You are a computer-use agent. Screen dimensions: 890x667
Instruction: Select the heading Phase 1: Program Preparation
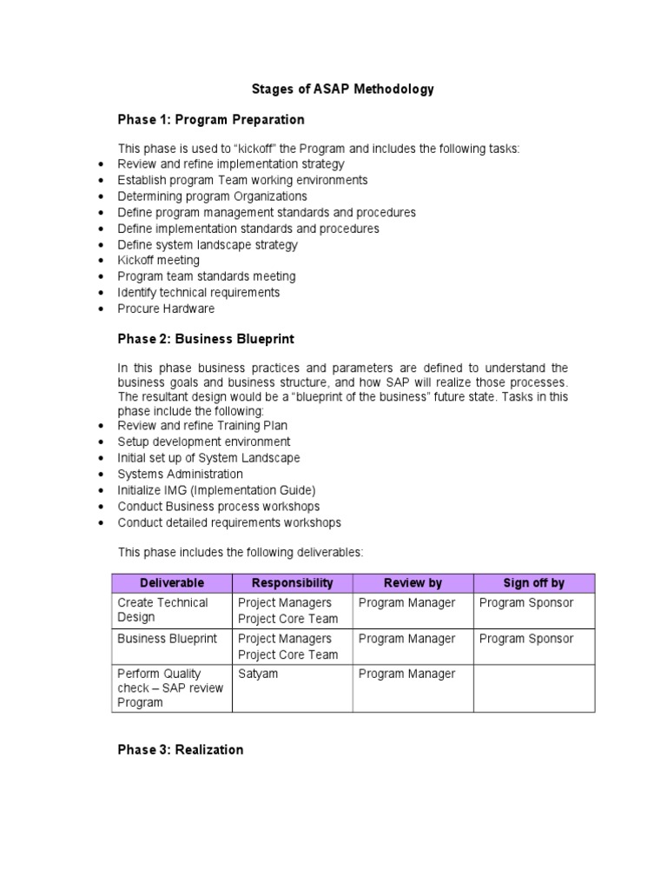211,119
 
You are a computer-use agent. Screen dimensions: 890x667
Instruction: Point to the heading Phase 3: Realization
181,749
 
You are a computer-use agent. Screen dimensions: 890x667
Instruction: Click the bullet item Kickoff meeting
159,260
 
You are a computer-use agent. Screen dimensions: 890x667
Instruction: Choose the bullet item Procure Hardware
166,309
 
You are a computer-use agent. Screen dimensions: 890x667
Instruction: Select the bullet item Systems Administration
181,474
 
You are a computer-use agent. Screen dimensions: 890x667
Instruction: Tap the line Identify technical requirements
199,292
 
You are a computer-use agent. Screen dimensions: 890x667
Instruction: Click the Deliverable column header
171,582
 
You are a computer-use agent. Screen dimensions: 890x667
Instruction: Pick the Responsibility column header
292,582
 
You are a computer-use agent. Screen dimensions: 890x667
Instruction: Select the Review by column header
413,582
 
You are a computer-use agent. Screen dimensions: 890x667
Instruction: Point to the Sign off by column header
534,582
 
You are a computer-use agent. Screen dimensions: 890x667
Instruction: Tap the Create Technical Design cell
163,609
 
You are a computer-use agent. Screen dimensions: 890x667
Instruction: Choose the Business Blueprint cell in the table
168,639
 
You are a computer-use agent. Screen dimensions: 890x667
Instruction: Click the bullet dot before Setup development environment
102,442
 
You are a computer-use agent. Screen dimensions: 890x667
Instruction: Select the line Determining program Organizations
213,196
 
